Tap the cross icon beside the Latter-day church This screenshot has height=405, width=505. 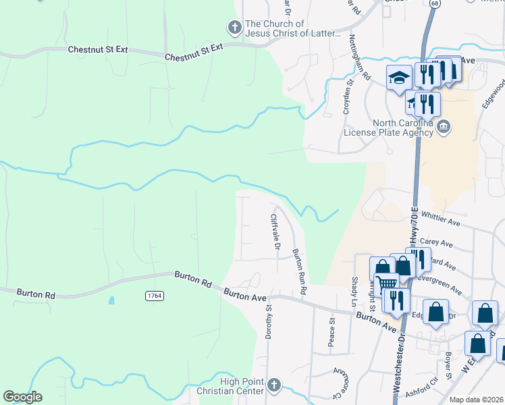pos(234,28)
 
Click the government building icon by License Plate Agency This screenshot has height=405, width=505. pos(444,127)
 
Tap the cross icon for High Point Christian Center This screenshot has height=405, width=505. pos(273,385)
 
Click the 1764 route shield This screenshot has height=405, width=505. pos(154,296)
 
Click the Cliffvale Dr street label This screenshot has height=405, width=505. pos(275,232)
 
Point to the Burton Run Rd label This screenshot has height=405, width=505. pos(298,271)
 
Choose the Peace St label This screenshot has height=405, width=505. pos(331,333)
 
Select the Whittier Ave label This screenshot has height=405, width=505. pos(440,218)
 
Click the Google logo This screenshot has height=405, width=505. pos(22,397)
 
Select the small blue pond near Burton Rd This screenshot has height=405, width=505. pos(111,300)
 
